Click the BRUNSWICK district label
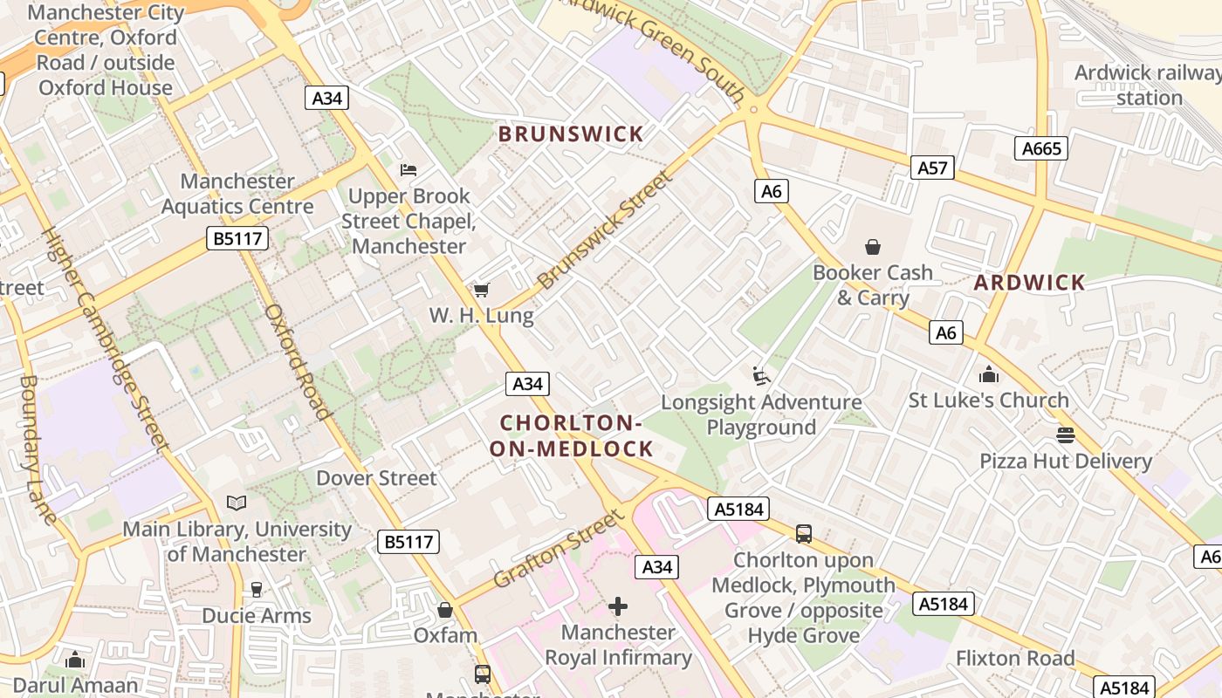coord(571,134)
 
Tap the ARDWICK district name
coord(1029,283)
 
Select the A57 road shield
coord(932,168)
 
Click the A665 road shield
coord(1041,148)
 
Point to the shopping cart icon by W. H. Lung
coord(481,290)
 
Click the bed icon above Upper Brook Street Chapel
coord(408,169)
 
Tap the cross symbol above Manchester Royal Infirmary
coord(618,606)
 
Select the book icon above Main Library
coord(237,503)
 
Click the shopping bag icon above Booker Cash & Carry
coord(872,247)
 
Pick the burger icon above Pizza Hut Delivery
coord(1065,435)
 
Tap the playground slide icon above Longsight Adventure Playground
coord(761,376)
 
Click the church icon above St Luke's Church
coord(988,374)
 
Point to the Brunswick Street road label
coord(606,230)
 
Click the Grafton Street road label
coord(559,550)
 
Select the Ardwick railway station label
coord(1148,85)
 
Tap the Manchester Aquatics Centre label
coord(237,194)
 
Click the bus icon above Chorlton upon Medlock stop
coord(804,533)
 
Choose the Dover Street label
coord(376,478)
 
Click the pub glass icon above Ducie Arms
coord(256,590)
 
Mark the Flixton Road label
coord(1015,658)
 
